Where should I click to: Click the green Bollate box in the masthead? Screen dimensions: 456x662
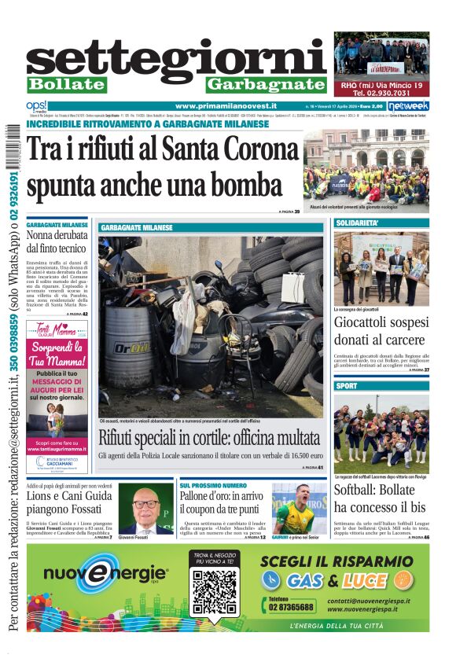[66, 84]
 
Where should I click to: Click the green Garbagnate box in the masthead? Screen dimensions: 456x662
[266, 84]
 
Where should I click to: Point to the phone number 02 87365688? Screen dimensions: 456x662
[291, 606]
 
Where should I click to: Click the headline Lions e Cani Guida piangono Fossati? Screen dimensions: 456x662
[69, 504]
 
